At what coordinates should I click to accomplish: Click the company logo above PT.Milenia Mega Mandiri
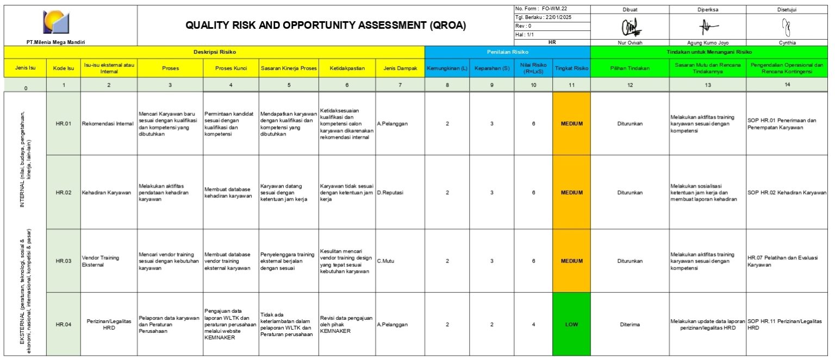57,22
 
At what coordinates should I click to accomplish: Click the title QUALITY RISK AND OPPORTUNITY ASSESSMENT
326,25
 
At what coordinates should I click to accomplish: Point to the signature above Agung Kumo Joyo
707,26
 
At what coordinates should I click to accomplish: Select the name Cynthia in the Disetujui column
787,42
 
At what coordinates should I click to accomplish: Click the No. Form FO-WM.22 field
550,9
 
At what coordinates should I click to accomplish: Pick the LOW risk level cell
571,325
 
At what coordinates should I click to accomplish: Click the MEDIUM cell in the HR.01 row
571,123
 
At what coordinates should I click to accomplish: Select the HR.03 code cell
64,261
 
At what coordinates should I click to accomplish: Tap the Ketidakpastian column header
347,69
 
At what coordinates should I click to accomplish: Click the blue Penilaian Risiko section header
507,52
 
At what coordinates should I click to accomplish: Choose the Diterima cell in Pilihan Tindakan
630,325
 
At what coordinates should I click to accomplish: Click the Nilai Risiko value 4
533,325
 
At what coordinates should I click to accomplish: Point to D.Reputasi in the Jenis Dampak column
390,193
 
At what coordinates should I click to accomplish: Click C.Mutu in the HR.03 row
385,261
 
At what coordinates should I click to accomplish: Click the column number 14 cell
787,85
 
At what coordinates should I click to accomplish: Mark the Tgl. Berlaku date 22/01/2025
550,17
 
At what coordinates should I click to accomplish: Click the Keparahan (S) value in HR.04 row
491,325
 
